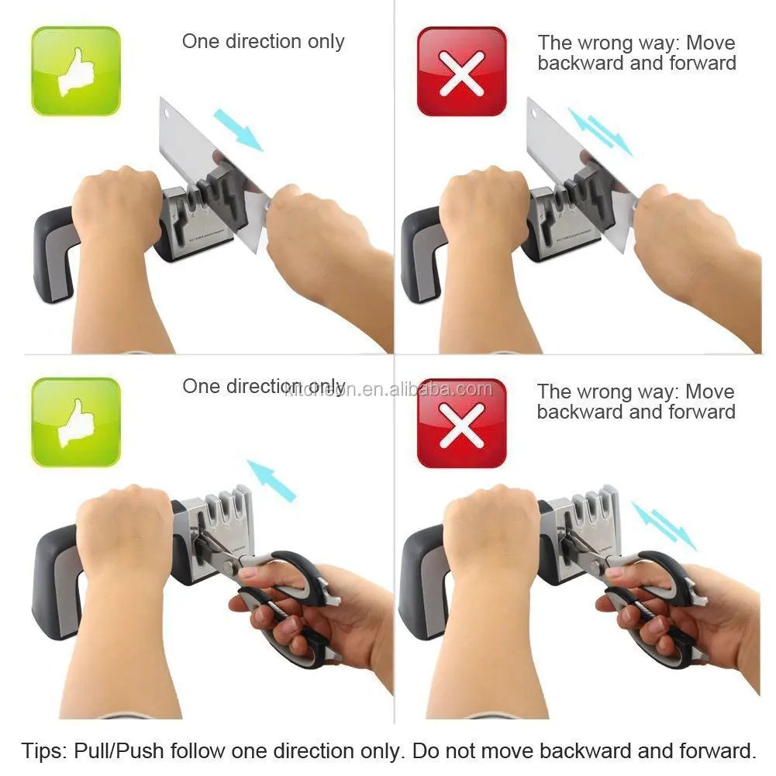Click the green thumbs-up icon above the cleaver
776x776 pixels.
click(76, 71)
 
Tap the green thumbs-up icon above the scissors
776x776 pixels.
click(76, 422)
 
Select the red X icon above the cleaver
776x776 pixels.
click(461, 71)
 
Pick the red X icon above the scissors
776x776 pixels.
click(461, 422)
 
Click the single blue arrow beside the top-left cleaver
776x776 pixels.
click(238, 129)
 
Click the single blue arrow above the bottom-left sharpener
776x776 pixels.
click(271, 480)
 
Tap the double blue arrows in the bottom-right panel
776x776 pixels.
click(663, 526)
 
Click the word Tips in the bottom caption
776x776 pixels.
click(44, 750)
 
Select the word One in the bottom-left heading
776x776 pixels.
click(198, 386)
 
